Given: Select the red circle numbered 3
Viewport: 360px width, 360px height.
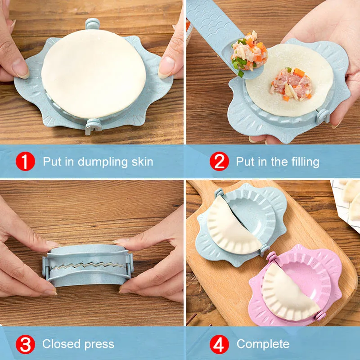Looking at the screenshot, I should click(x=26, y=345).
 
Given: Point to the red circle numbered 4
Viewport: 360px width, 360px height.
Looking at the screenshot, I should click(x=219, y=345).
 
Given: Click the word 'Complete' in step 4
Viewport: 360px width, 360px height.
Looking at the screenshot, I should click(x=263, y=345).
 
